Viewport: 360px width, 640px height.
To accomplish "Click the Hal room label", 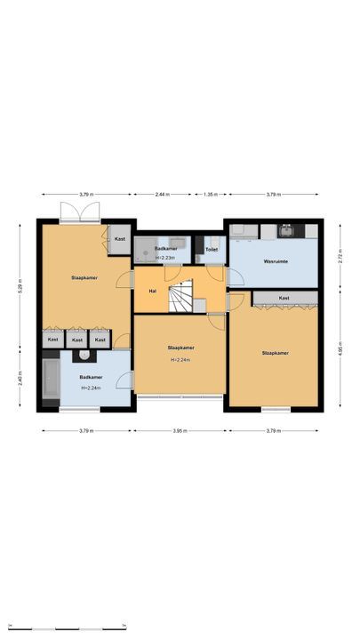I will (152, 291).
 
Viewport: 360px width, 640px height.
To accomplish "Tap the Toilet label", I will (212, 250).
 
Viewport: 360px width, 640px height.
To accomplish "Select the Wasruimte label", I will (274, 262).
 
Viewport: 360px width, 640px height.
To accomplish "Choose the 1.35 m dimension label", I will (211, 194).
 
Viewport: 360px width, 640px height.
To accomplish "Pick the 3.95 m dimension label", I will (181, 431).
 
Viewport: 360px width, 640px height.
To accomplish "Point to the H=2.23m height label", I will (166, 258).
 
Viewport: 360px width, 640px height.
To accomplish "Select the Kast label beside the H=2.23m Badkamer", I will (119, 239).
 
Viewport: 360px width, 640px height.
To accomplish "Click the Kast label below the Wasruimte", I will (284, 298).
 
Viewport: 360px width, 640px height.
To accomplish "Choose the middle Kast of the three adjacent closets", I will (77, 340).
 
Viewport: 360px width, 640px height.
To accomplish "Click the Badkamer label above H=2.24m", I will (90, 377).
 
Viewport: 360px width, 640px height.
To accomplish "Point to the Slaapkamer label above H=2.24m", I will (180, 348).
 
